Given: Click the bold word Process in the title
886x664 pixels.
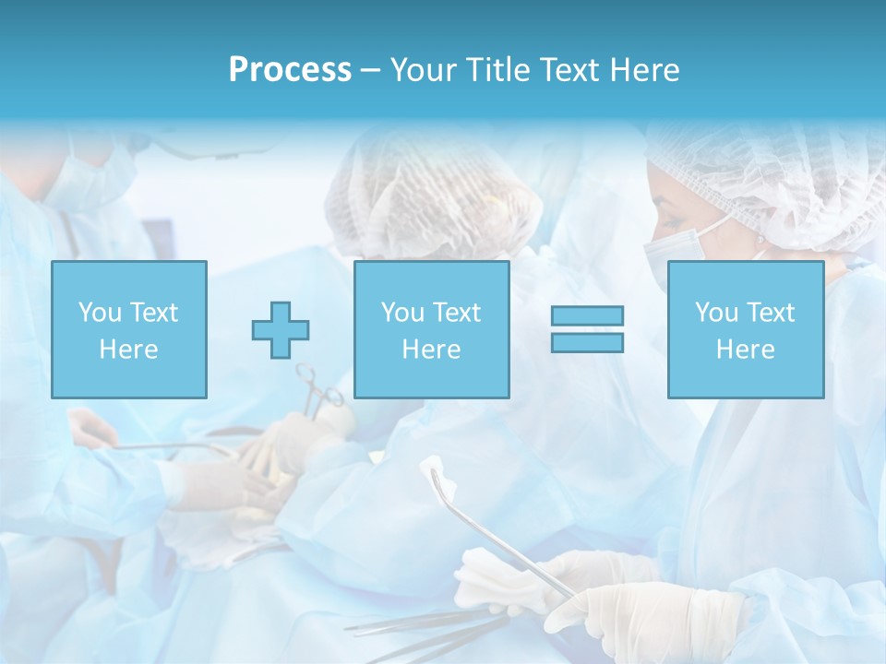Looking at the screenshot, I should coord(290,70).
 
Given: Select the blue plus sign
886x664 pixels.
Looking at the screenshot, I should coord(281,329).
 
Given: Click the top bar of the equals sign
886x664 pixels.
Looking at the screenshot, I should coord(587,315).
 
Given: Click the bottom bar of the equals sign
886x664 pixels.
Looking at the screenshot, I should coord(587,342).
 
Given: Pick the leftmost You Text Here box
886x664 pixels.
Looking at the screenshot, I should coord(128,329).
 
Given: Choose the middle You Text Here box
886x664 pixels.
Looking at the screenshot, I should coord(431,329).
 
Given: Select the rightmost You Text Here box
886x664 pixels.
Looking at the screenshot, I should coord(745,329).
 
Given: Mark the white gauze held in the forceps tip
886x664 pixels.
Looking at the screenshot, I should coord(440,479).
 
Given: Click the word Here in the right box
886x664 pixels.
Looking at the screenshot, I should coord(745,350).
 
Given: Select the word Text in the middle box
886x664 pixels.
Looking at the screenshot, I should coord(456,313).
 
